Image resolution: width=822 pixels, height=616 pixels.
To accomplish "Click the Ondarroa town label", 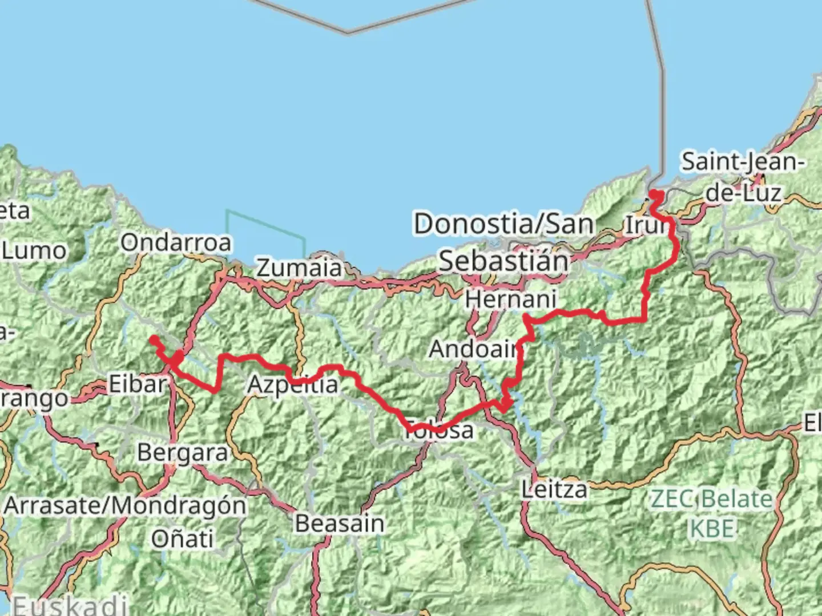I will pos(176,243).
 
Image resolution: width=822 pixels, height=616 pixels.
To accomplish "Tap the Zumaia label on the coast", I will pos(299,268).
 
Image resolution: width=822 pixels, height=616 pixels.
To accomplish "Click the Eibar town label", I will pos(137,384).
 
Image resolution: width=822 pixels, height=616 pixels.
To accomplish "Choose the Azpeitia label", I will pos(292,385).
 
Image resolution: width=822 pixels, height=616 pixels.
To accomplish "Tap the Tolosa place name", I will pos(439,430).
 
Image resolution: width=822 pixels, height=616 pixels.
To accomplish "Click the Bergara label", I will pos(183,453).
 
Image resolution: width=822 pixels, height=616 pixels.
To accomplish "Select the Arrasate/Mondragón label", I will pos(125,505).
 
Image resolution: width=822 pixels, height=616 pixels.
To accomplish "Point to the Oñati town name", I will pos(183,538).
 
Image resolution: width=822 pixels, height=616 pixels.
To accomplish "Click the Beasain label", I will pos(340,524).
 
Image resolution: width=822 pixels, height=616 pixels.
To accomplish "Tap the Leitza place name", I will pos(554,489).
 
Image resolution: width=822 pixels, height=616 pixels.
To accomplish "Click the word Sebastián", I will pos(504,262).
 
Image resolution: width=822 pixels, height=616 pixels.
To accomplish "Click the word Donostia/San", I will pos(504,224).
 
